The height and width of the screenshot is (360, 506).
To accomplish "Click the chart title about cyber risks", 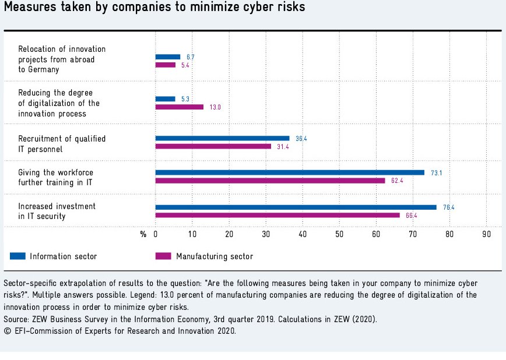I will pyautogui.click(x=154, y=8).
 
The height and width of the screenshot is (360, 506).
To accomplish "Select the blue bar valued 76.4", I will pyautogui.click(x=296, y=207).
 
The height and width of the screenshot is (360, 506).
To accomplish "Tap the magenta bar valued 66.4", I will pyautogui.click(x=277, y=216).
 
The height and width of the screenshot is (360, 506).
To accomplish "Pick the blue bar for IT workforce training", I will pyautogui.click(x=290, y=172).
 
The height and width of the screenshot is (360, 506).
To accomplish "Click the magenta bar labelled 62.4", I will pyautogui.click(x=270, y=181).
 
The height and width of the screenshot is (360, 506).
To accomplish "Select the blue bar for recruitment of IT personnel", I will pyautogui.click(x=222, y=138).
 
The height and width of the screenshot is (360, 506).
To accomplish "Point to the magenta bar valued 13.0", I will pyautogui.click(x=179, y=107).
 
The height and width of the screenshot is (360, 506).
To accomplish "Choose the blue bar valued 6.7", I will pyautogui.click(x=168, y=57).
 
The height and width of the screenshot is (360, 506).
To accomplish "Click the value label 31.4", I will pyautogui.click(x=282, y=146).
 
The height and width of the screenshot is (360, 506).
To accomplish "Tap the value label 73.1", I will pyautogui.click(x=434, y=173).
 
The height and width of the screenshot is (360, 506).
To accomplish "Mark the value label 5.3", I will pyautogui.click(x=185, y=99).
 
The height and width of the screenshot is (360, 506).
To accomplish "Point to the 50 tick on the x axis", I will pyautogui.click(x=339, y=234).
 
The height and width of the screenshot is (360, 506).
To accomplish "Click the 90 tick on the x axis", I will pyautogui.click(x=486, y=234).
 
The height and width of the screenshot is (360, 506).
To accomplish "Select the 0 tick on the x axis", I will pyautogui.click(x=156, y=234).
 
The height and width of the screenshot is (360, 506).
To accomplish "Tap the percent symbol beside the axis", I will pyautogui.click(x=143, y=234).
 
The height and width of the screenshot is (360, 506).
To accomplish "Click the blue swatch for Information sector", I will pyautogui.click(x=17, y=256).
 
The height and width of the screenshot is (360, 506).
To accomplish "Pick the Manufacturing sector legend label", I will pyautogui.click(x=215, y=256).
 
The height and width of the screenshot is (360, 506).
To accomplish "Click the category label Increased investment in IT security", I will pyautogui.click(x=57, y=211).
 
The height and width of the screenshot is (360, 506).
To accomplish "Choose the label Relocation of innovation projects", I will pyautogui.click(x=62, y=59).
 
